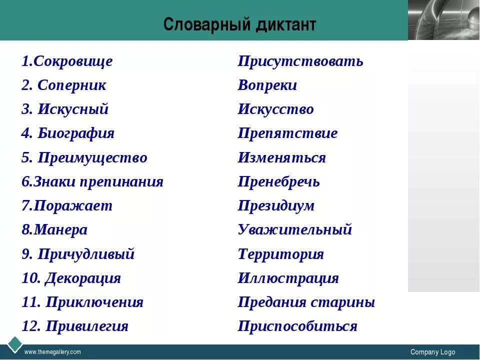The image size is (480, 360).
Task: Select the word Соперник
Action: point(72,85)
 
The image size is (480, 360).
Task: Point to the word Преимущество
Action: point(92,158)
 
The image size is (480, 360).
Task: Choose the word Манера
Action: point(60,230)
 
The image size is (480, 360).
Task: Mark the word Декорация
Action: point(83,278)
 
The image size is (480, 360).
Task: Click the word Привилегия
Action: point(87,326)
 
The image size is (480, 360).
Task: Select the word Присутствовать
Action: point(300,61)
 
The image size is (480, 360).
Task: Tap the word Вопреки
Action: point(267,85)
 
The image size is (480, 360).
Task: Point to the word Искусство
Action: point(276,109)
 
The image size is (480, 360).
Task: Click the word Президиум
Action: point(276,205)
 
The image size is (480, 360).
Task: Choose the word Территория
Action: point(281,254)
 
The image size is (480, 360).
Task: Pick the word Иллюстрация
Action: point(288,278)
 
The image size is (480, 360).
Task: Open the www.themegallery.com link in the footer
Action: point(52,352)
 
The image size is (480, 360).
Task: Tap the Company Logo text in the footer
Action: point(432,352)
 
